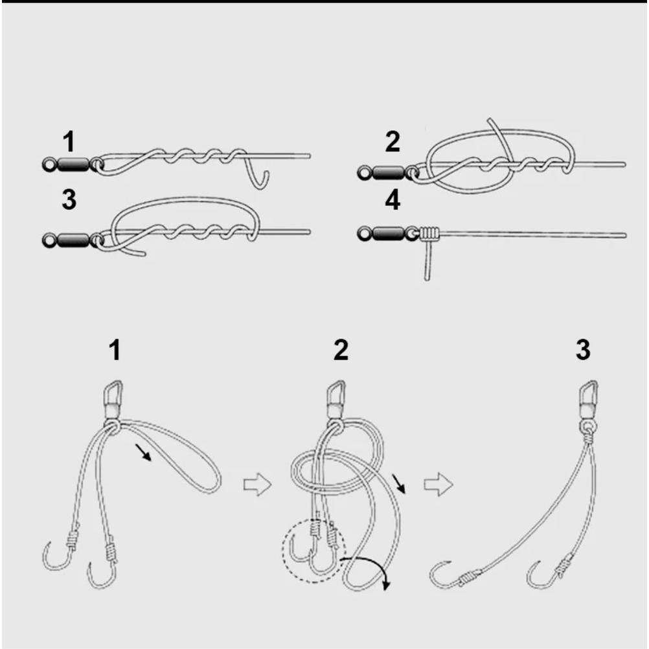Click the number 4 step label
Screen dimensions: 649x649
point(393,201)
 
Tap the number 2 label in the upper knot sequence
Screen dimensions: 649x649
point(393,142)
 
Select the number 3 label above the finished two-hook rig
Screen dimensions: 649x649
point(582,350)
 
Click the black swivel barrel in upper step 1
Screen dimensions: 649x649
point(73,164)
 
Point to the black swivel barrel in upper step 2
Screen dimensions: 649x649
point(388,172)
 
